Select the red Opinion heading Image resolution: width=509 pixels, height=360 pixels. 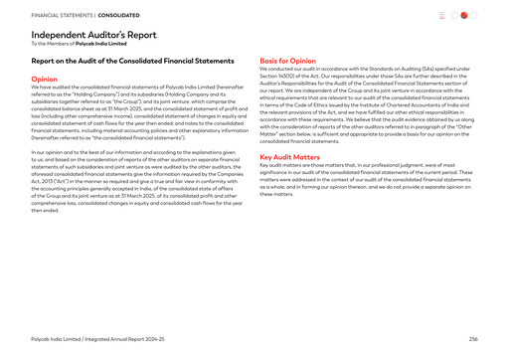[x=44, y=78]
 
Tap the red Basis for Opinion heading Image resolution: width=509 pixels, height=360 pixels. [x=287, y=60]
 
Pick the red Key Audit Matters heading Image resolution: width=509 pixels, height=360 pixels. [x=289, y=156]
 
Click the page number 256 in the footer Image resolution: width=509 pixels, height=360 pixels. [x=473, y=339]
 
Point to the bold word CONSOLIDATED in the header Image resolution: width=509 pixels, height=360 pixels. [x=118, y=15]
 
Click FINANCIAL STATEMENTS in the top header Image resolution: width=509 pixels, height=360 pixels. [x=63, y=15]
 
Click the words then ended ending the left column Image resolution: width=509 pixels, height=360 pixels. [x=45, y=210]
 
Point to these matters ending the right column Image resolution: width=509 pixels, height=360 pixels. [x=275, y=194]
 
